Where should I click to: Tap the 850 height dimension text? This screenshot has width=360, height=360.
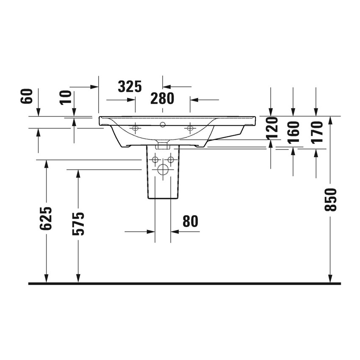click(331, 199)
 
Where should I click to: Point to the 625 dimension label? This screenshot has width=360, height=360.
click(46, 219)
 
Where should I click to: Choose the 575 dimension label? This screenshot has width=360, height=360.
click(78, 223)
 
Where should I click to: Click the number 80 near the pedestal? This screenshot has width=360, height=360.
click(190, 221)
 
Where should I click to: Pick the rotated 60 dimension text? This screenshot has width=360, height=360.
click(26, 97)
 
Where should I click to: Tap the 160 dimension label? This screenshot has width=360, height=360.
click(294, 132)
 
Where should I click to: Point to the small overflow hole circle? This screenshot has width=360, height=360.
click(163, 125)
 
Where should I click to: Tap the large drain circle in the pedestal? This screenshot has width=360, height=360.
click(163, 170)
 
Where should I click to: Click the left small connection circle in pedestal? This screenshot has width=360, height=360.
click(155, 160)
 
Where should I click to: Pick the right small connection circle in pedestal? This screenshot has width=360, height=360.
click(171, 160)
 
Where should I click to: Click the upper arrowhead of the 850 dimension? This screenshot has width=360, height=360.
click(331, 120)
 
